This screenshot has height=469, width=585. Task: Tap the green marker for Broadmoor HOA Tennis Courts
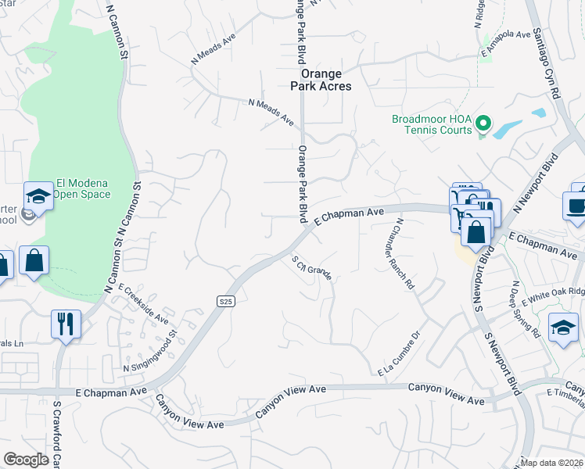[483, 124]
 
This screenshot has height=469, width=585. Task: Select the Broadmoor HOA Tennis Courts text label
[432, 124]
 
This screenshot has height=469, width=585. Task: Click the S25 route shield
[225, 301]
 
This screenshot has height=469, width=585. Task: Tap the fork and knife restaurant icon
[66, 323]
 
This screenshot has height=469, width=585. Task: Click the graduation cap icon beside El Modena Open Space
[38, 195]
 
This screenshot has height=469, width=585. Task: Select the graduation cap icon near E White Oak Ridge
[563, 328]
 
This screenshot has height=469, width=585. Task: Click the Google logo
[26, 460]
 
